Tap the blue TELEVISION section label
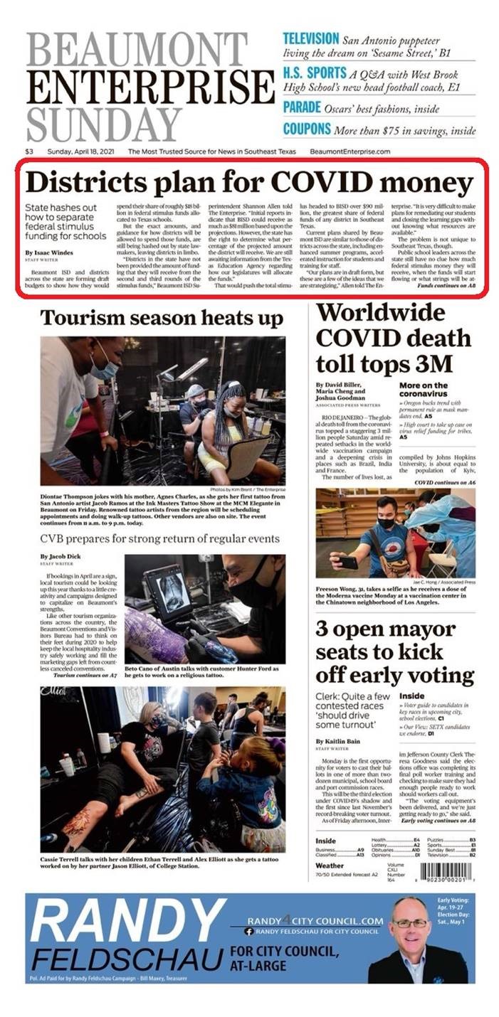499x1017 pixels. point(310,38)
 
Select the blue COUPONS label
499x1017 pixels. point(307,129)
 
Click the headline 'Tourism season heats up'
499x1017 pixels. point(162,317)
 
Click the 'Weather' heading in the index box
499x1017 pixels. point(330,866)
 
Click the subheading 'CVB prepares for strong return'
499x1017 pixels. point(159,538)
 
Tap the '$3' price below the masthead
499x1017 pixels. point(29,151)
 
